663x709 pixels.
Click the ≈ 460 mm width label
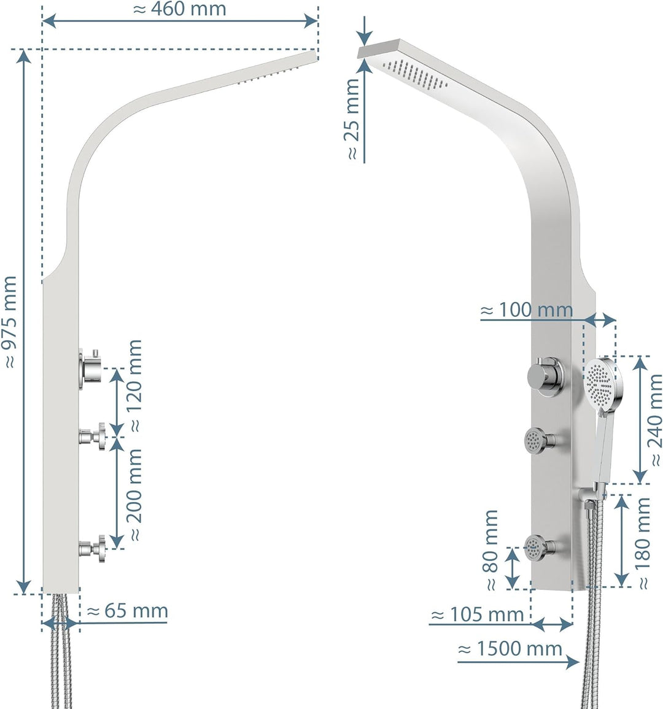click(x=179, y=10)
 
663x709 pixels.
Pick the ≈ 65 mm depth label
click(x=128, y=611)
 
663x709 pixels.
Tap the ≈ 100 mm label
click(x=527, y=311)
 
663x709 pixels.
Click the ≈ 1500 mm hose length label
click(x=511, y=649)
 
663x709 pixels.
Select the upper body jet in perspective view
click(x=537, y=440)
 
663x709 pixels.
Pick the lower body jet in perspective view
click(x=538, y=546)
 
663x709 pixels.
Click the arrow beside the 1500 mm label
click(x=570, y=662)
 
